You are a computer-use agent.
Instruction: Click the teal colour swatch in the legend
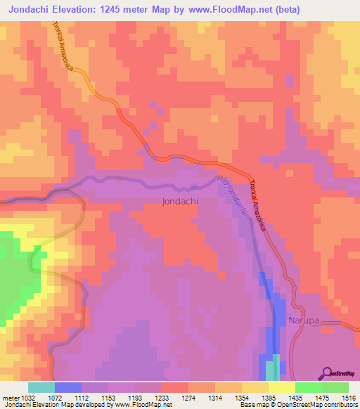point(41,387)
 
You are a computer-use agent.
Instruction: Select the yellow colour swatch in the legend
point(281,387)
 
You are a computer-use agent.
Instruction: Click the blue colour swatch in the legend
point(68,387)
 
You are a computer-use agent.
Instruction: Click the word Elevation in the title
point(82,10)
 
